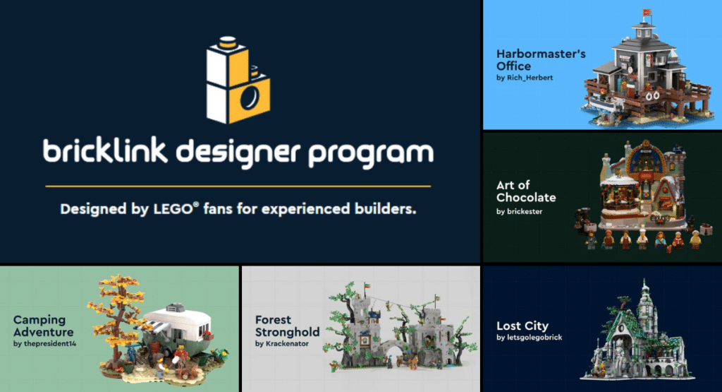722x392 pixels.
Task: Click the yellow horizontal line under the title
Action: (238, 186)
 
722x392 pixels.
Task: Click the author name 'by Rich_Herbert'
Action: (525, 78)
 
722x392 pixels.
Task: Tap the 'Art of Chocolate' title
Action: (526, 191)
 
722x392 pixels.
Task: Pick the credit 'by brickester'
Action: (520, 211)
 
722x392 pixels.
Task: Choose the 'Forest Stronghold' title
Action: (287, 326)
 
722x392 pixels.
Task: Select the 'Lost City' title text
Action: (522, 326)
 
